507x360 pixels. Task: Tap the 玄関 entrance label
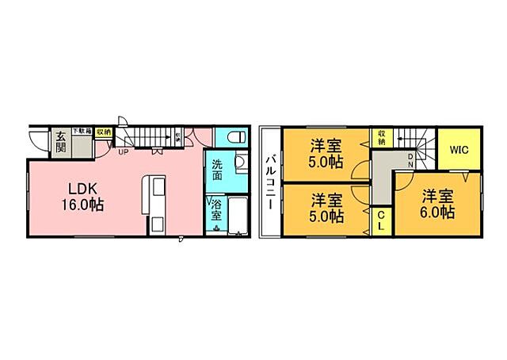[x=61, y=143]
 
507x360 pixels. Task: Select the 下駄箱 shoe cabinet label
[x=82, y=130]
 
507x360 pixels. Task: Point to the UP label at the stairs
[x=124, y=152]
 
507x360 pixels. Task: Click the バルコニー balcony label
[x=270, y=182]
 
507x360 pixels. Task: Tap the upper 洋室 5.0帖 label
[x=326, y=153]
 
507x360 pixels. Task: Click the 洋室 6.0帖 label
[x=436, y=203]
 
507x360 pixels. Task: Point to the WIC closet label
[x=460, y=148]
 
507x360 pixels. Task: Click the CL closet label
[x=380, y=220]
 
